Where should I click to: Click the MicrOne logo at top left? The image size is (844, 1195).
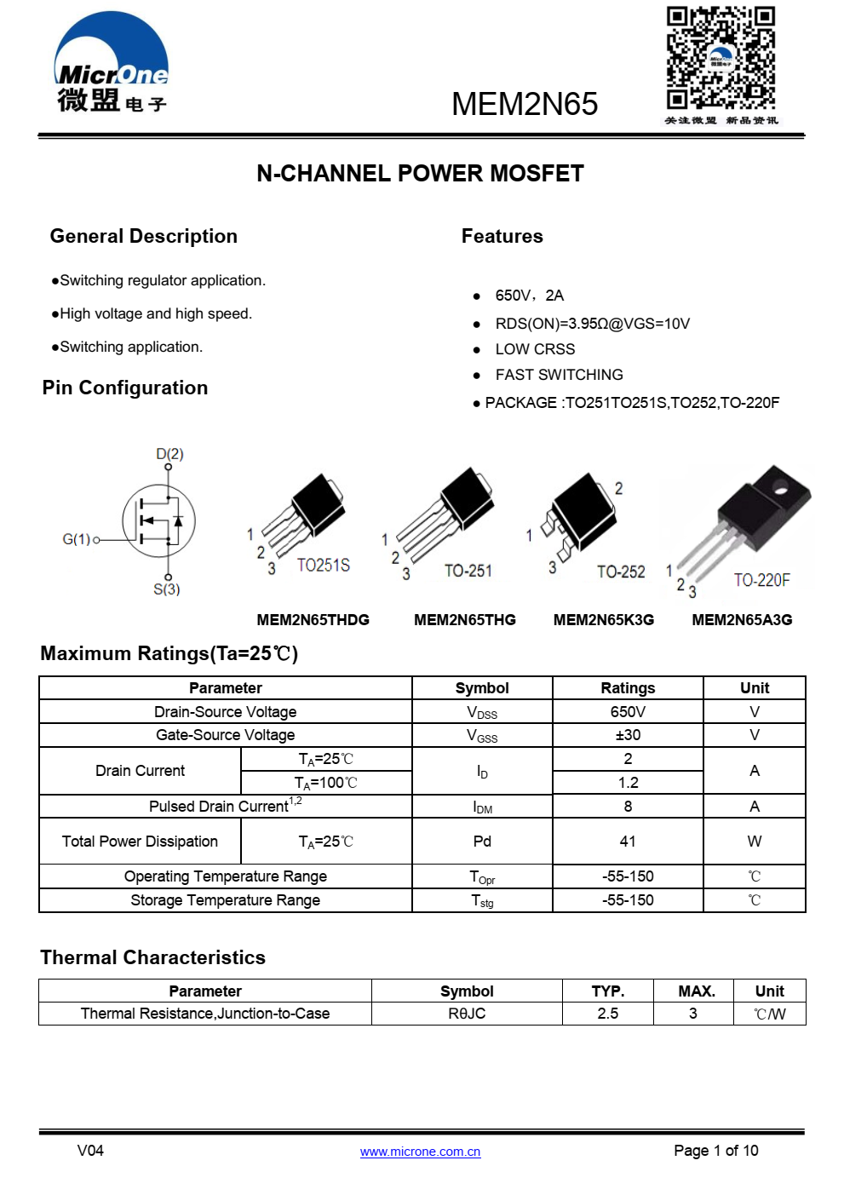coord(112,64)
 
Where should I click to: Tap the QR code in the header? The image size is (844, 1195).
coord(720,58)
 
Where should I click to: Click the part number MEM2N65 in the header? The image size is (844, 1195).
coord(525,105)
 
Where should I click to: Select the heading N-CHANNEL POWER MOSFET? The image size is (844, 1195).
coord(420,174)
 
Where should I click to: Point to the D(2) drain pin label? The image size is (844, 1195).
coord(169,454)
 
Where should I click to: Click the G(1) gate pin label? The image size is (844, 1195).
coord(77,539)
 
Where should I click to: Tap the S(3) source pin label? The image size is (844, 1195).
coord(167,589)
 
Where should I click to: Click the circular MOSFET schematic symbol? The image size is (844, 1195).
coord(159,520)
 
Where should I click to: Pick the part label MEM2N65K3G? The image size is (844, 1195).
coord(603,620)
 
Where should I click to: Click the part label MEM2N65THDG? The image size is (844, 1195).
coord(313,620)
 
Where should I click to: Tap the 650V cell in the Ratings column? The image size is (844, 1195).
coord(628,712)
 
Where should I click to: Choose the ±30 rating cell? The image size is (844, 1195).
coord(628,735)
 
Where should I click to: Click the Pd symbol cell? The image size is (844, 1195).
coord(482,842)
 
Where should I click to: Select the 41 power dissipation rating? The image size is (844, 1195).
coord(628,842)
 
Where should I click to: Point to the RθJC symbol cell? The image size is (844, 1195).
coord(467,1014)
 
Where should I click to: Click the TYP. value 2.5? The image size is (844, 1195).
coord(607,1014)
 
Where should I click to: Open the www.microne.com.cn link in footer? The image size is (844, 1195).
coord(420,1152)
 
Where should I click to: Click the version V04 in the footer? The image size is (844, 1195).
coord(90,1151)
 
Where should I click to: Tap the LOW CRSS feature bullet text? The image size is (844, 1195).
coord(535,349)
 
